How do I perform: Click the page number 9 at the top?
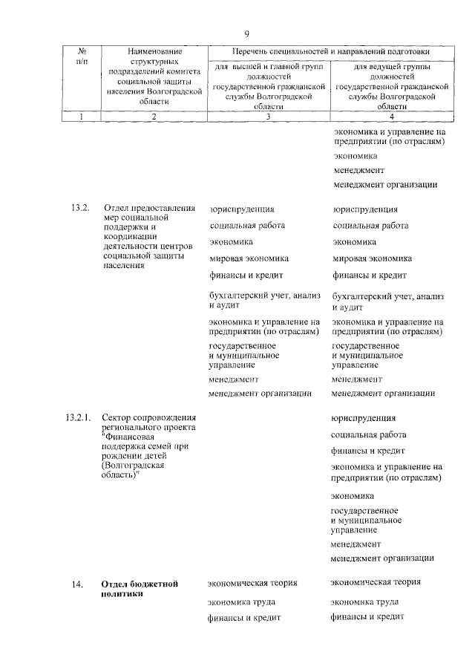pos(247,33)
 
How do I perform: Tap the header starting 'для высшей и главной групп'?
pos(268,86)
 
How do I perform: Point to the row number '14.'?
pos(78,586)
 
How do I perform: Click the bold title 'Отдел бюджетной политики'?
pos(140,590)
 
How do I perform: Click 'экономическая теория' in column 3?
pos(252,583)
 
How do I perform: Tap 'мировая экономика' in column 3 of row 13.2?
pos(249,258)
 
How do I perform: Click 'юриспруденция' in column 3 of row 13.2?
pos(242,209)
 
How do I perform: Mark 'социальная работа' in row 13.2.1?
pos(369,434)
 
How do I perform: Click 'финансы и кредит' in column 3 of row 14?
pos(244,617)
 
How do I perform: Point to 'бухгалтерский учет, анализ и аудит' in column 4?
pos(388,300)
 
